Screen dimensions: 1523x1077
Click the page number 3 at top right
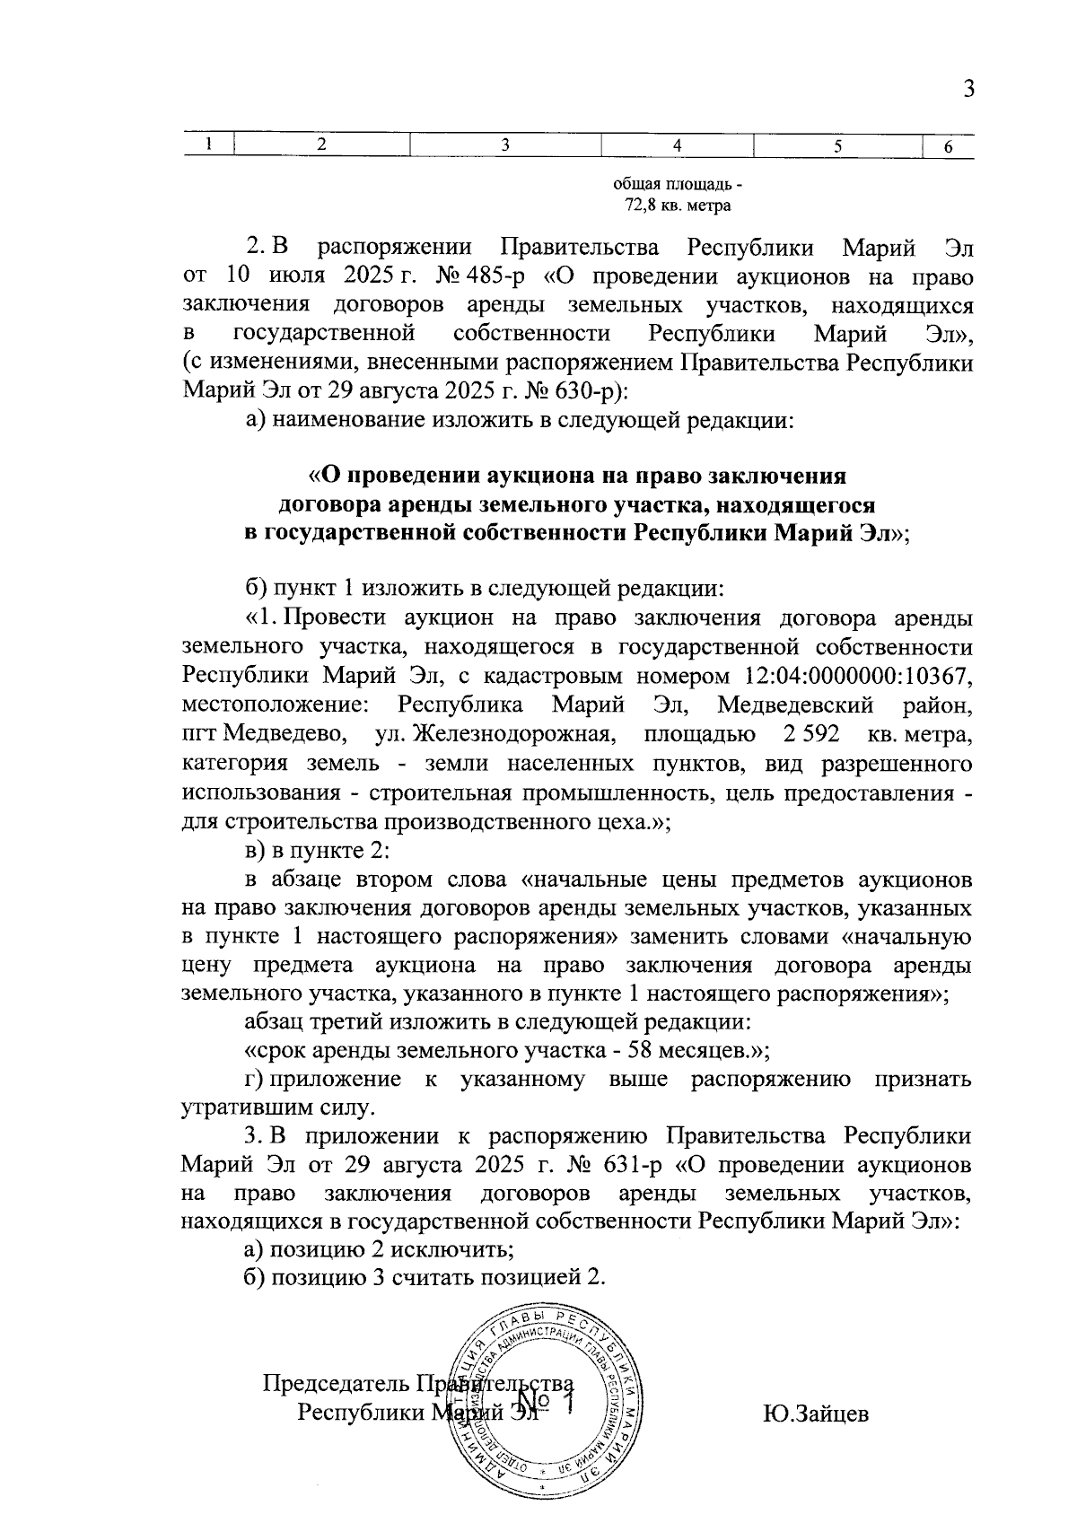point(968,89)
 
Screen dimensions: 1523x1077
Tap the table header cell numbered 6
point(948,147)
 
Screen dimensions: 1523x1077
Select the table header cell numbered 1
point(208,145)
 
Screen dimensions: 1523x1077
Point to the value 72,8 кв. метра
point(678,206)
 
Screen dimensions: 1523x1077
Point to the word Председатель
point(327,1383)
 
